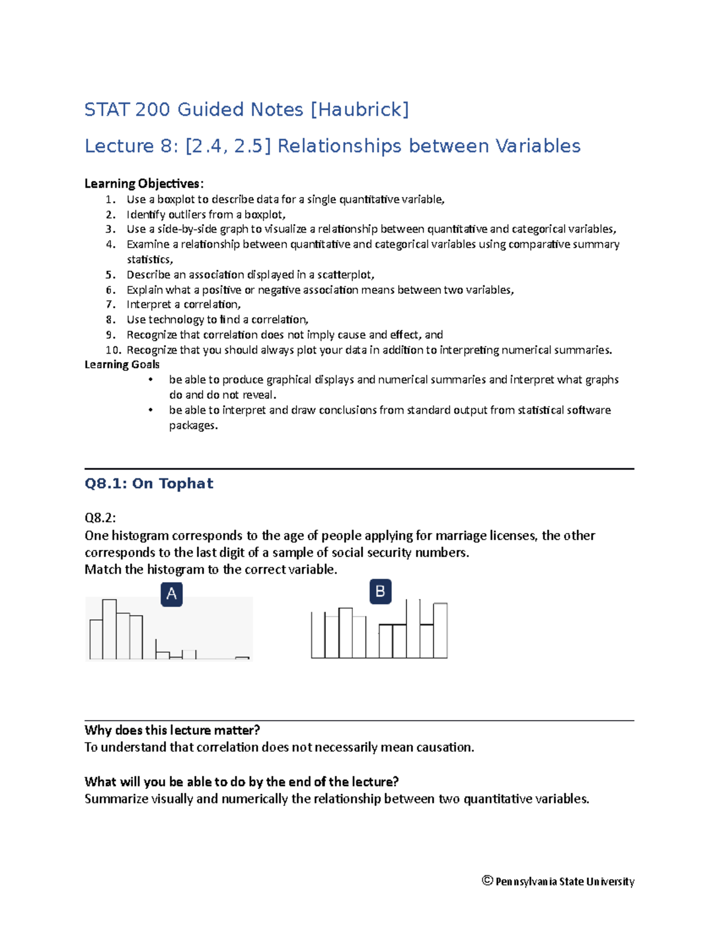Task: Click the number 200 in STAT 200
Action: tap(152, 110)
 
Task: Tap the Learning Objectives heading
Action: tap(144, 183)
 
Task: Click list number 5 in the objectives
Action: tap(110, 275)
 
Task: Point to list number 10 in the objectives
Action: tap(113, 350)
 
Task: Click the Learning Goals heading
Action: tap(122, 364)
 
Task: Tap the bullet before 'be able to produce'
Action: tap(151, 379)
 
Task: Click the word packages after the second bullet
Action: tap(192, 426)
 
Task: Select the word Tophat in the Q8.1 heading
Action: tap(186, 484)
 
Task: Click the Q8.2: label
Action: tap(100, 518)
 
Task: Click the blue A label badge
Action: tap(171, 594)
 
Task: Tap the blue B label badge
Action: tap(380, 592)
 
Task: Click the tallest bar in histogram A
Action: tap(109, 629)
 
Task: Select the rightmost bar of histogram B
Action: tap(440, 631)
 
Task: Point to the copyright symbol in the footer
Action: tap(487, 880)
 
